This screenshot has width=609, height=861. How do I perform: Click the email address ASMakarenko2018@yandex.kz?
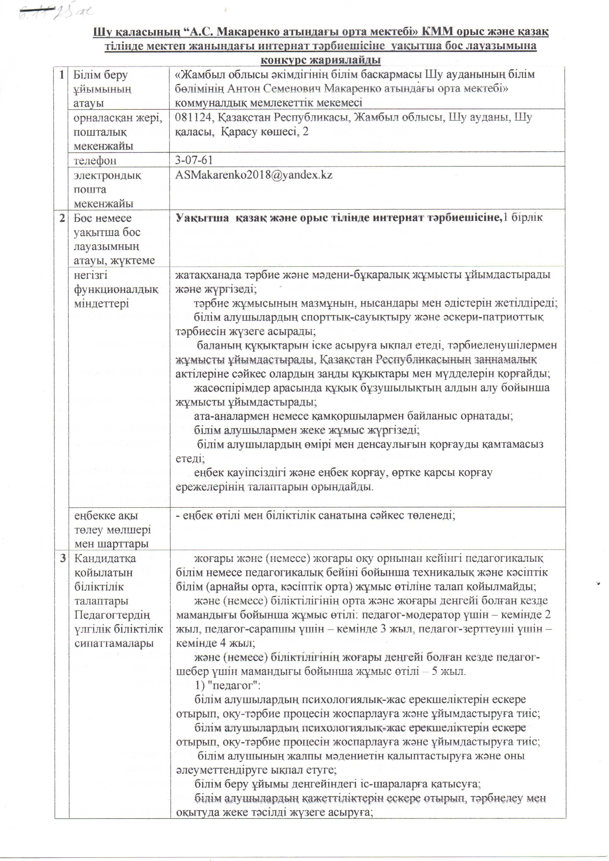pos(254,175)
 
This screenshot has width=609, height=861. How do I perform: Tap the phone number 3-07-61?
pos(194,160)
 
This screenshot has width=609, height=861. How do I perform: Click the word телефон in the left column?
pos(95,161)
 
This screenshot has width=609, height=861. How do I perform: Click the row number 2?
pos(62,218)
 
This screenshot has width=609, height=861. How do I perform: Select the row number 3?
pos(63,558)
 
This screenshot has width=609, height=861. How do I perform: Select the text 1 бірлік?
pos(523,218)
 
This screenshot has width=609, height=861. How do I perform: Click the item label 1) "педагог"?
pos(227,685)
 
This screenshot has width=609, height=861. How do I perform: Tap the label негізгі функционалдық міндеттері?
pos(116,289)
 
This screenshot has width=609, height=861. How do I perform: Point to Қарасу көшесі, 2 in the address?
pos(265,132)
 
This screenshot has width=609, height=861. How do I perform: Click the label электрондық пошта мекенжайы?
pos(107,189)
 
